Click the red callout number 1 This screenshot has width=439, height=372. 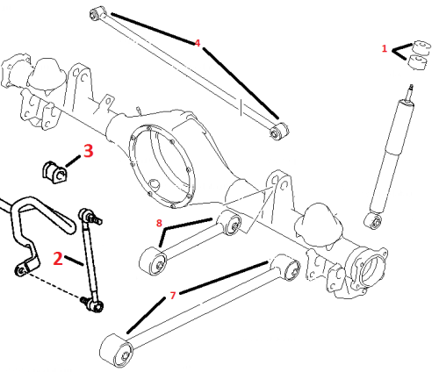pyautogui.click(x=385, y=48)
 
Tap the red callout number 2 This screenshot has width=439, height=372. pyautogui.click(x=58, y=259)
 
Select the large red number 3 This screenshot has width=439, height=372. pyautogui.click(x=89, y=151)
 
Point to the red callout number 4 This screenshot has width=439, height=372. pyautogui.click(x=198, y=43)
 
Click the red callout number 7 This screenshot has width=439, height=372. pyautogui.click(x=173, y=296)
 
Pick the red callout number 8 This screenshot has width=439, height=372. pyautogui.click(x=159, y=223)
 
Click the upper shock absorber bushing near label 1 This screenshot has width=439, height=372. pyautogui.click(x=421, y=47)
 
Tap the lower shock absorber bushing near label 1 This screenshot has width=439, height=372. pyautogui.click(x=418, y=62)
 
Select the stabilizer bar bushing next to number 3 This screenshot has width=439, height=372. pyautogui.click(x=54, y=172)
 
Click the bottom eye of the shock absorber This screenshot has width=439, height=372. pyautogui.click(x=373, y=221)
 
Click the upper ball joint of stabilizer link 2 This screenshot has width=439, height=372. pyautogui.click(x=86, y=215)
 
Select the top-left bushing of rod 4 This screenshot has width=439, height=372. pyautogui.click(x=97, y=13)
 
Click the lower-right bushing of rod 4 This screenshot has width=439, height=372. pyautogui.click(x=279, y=132)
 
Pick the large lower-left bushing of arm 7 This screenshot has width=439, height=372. pyautogui.click(x=116, y=350)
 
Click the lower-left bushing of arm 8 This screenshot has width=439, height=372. pyautogui.click(x=153, y=261)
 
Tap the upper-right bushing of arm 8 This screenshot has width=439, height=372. pyautogui.click(x=231, y=222)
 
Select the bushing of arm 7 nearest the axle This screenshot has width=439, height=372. pyautogui.click(x=289, y=268)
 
